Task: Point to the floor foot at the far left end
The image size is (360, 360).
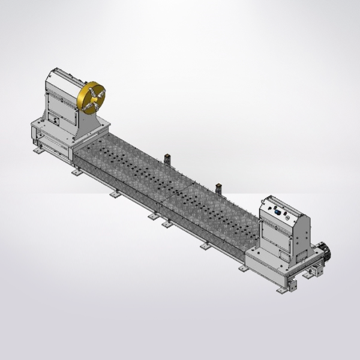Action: pyautogui.click(x=38, y=151)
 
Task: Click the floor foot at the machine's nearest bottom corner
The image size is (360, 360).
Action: pyautogui.click(x=281, y=291)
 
